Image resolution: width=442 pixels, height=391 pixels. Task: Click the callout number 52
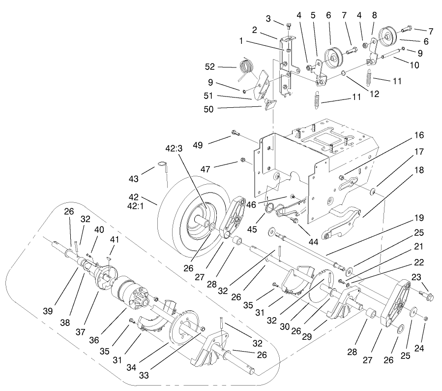pos(210,67)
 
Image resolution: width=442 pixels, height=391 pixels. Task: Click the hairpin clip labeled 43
pos(164,166)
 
